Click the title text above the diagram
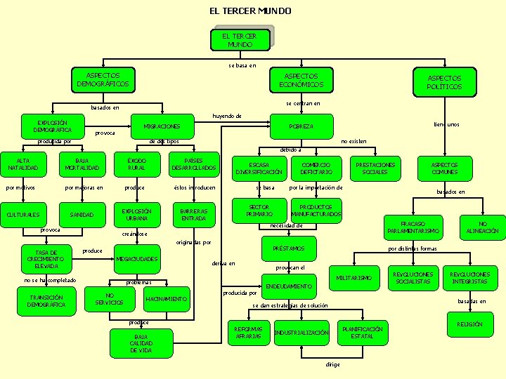[x=250, y=11]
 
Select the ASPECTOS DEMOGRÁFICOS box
[x=103, y=80]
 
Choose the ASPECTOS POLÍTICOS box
[x=444, y=82]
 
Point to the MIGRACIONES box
[x=162, y=126]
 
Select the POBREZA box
[x=301, y=126]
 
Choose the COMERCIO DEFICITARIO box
[x=316, y=168]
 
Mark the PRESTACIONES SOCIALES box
[x=375, y=168]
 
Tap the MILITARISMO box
[x=354, y=278]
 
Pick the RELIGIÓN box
[x=469, y=324]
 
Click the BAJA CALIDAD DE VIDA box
[x=141, y=343]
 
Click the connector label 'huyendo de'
[x=227, y=116]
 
